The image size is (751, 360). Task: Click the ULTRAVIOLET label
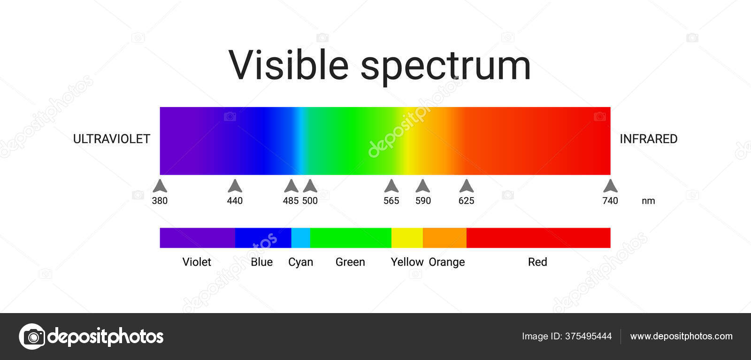(112, 139)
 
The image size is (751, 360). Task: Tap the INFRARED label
(648, 139)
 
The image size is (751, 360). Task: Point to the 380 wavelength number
(160, 201)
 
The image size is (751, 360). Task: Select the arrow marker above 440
(235, 186)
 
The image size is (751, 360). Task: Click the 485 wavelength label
(291, 201)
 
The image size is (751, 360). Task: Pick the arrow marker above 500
(310, 186)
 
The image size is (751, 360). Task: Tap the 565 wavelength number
(391, 201)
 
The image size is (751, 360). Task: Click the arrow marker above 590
(423, 186)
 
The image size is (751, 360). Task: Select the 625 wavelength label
(466, 201)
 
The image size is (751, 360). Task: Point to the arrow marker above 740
(610, 186)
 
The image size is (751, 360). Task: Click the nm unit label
(648, 201)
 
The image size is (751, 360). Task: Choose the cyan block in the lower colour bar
(300, 238)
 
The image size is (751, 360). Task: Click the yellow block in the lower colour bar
(407, 238)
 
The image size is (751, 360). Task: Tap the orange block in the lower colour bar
(444, 238)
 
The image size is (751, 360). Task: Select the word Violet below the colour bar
(197, 262)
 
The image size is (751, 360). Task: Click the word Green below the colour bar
(350, 262)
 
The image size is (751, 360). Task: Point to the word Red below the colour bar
(537, 262)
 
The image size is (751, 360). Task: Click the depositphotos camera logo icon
(32, 337)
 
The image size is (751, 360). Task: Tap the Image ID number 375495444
(588, 336)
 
